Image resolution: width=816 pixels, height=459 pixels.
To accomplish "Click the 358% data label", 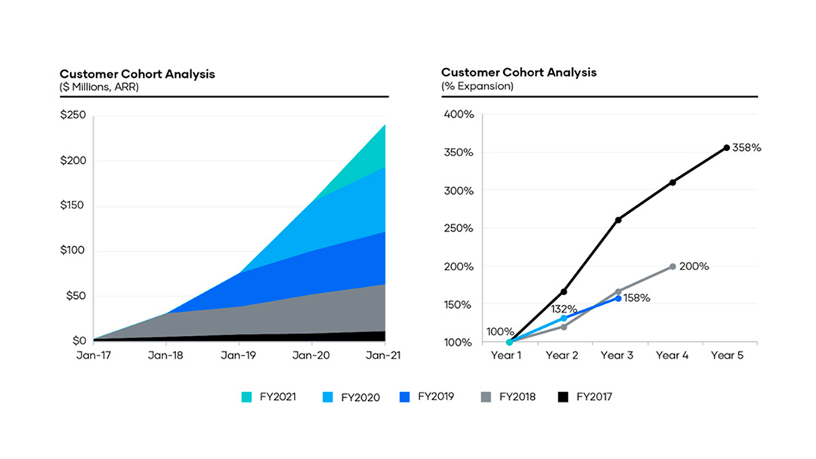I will [746, 148].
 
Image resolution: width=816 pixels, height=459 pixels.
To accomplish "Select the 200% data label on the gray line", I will [694, 266].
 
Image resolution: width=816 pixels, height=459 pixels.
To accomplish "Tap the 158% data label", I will [636, 298].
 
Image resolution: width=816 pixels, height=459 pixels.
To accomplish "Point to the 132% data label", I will [564, 309].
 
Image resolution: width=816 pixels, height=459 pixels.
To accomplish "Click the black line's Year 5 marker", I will [727, 148].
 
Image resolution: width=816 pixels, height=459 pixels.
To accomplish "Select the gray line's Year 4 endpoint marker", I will [672, 266].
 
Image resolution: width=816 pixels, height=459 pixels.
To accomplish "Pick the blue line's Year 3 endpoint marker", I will [618, 298].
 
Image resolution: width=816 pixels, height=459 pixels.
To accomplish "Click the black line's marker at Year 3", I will [618, 220].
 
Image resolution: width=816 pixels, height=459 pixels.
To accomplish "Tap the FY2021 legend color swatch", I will [246, 396].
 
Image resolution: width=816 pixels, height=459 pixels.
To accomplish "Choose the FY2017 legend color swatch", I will [561, 396].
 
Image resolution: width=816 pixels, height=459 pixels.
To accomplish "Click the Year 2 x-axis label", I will [563, 356].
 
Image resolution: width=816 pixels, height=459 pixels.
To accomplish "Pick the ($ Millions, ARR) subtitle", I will [99, 86].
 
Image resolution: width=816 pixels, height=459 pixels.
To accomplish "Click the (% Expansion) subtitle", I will [477, 86].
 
